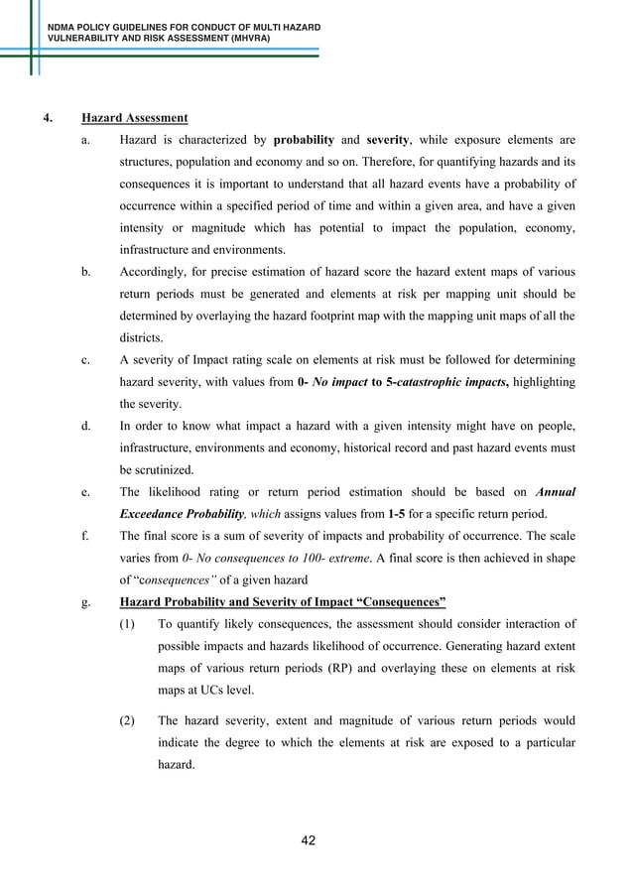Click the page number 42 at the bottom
(309, 841)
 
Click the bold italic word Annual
(555, 491)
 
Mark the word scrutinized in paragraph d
(164, 469)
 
